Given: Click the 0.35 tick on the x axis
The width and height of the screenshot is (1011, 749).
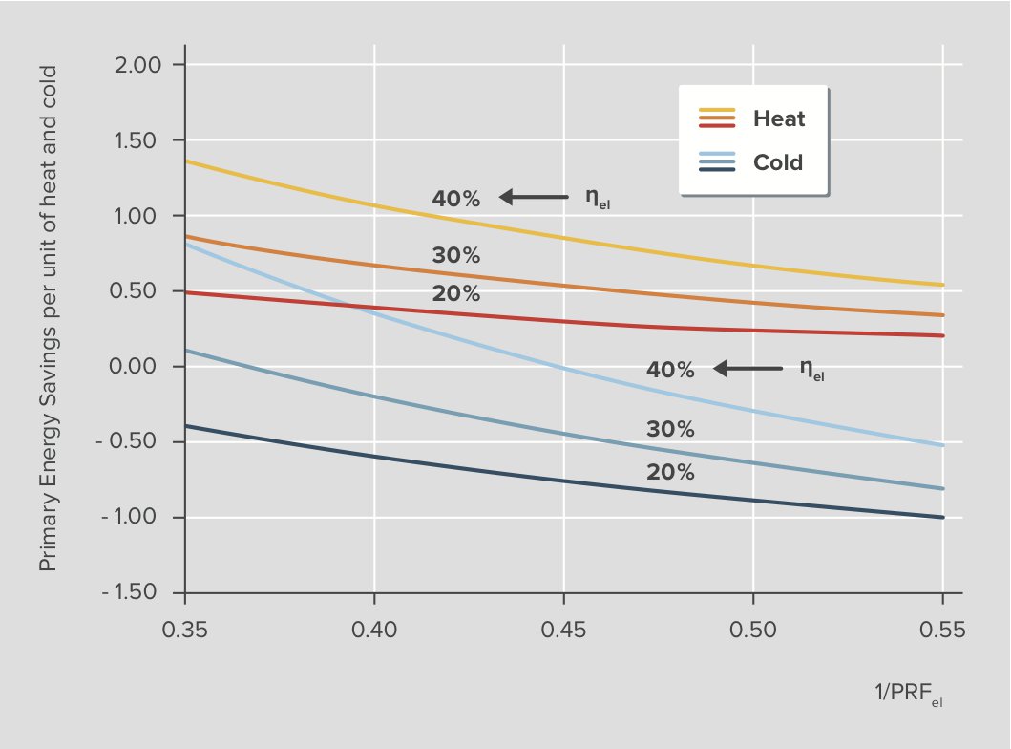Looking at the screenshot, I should (184, 630).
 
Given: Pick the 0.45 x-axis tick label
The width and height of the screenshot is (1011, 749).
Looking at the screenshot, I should (563, 630).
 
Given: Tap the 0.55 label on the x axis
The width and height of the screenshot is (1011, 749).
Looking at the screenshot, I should (942, 630).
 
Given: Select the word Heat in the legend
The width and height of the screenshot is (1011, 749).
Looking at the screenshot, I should (779, 119).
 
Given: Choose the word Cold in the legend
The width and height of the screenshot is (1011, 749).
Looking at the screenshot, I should (778, 162).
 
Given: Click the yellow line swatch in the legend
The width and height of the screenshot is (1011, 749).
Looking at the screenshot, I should (717, 111).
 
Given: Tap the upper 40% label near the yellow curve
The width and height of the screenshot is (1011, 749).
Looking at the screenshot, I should (456, 199).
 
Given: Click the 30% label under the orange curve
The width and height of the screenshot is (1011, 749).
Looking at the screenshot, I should (456, 256).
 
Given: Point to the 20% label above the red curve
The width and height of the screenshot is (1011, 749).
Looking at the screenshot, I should (456, 294).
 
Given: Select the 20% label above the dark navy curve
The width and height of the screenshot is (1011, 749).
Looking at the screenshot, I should (670, 473).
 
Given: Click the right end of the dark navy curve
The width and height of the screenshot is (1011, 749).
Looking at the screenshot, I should (942, 517).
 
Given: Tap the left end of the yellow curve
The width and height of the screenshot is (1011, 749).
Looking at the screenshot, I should (186, 160).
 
